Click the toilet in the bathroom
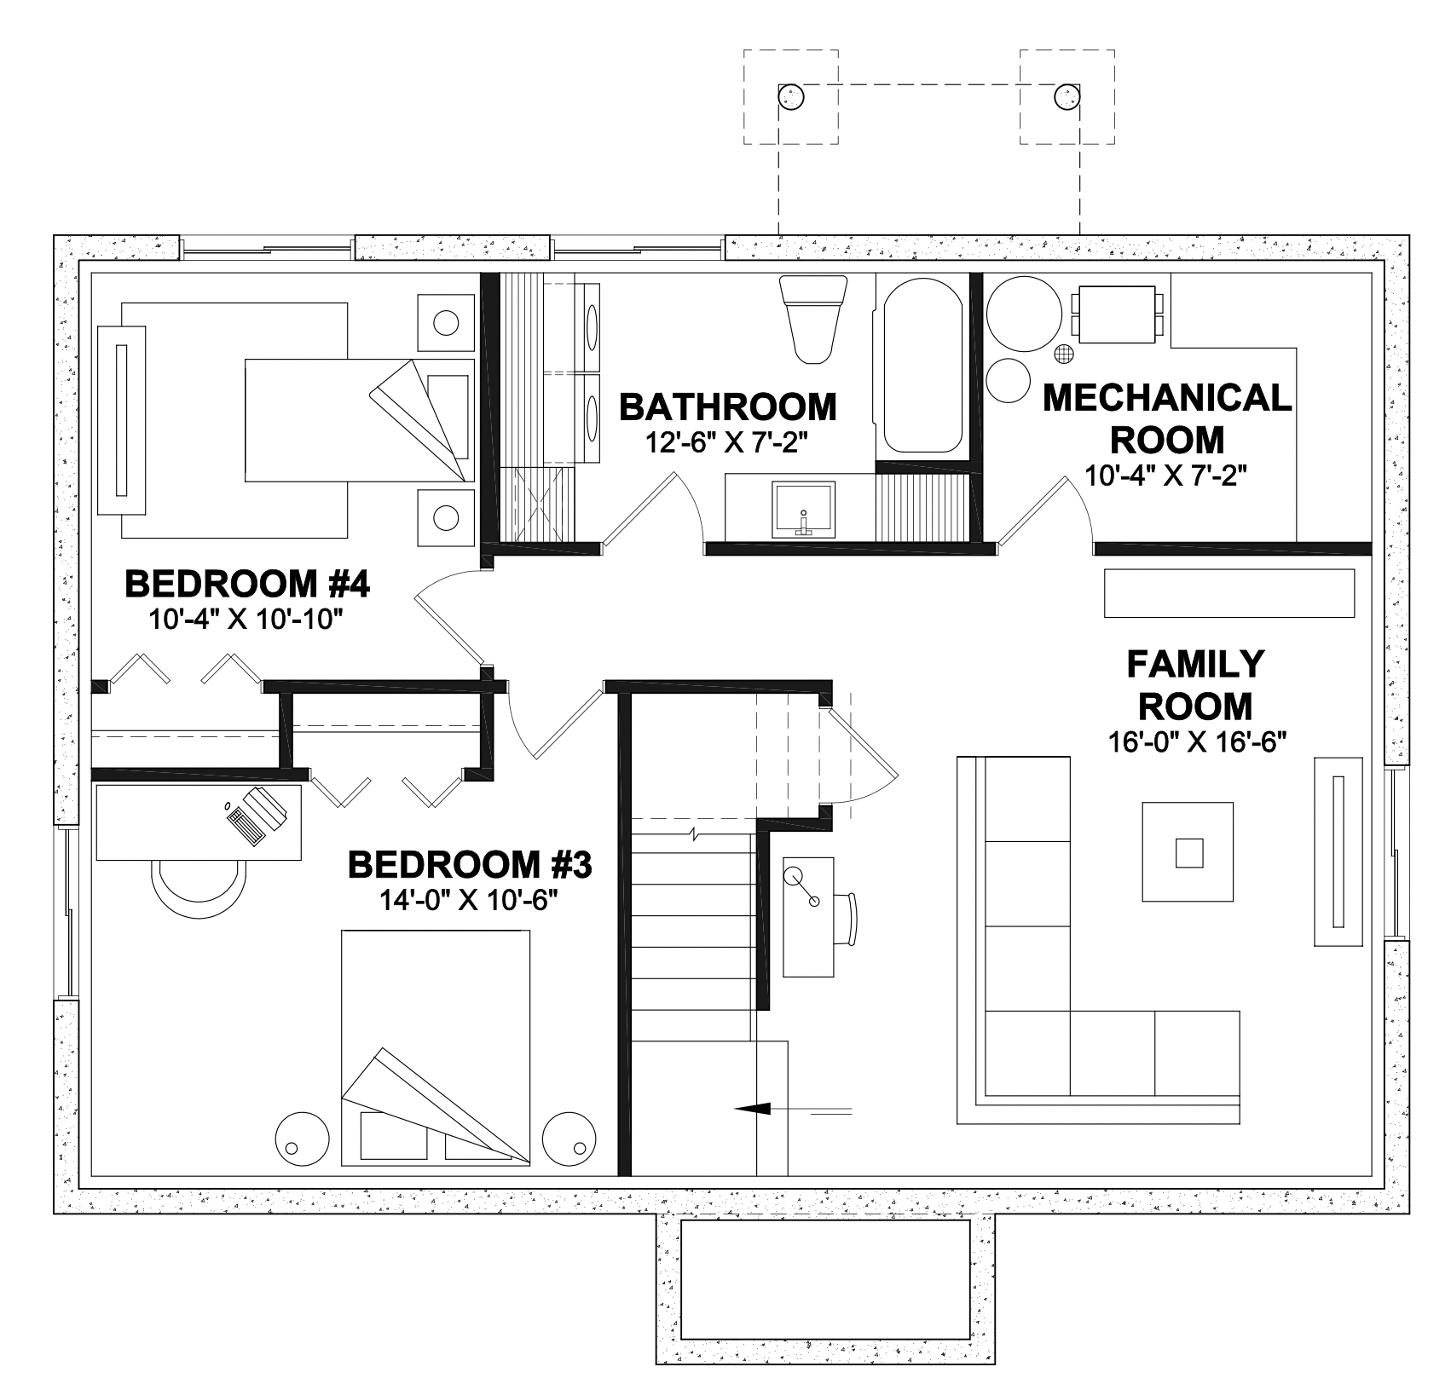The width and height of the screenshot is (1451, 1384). (813, 319)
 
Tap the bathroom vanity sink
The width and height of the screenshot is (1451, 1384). (803, 509)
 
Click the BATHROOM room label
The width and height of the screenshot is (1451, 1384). (728, 407)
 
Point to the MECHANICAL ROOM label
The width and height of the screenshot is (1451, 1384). (1167, 418)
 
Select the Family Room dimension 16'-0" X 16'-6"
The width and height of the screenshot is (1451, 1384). (1195, 741)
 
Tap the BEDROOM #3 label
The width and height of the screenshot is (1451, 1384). (470, 865)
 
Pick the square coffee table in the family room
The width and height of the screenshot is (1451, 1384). (1188, 851)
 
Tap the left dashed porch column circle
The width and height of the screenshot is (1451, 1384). (791, 96)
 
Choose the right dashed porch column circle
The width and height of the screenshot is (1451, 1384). (1067, 96)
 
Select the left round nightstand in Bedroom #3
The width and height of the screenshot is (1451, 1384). (302, 1137)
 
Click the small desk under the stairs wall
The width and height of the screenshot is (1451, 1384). (808, 917)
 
